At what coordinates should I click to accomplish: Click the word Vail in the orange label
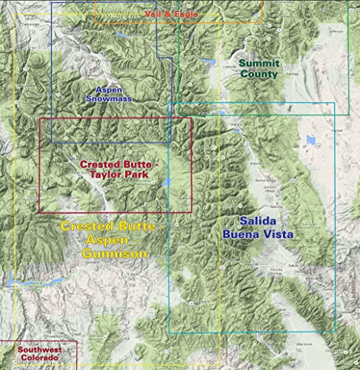point(153,14)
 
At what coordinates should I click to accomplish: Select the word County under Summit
point(259,74)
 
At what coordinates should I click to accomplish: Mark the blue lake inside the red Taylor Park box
point(167,182)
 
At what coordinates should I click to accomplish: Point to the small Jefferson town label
point(337,32)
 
